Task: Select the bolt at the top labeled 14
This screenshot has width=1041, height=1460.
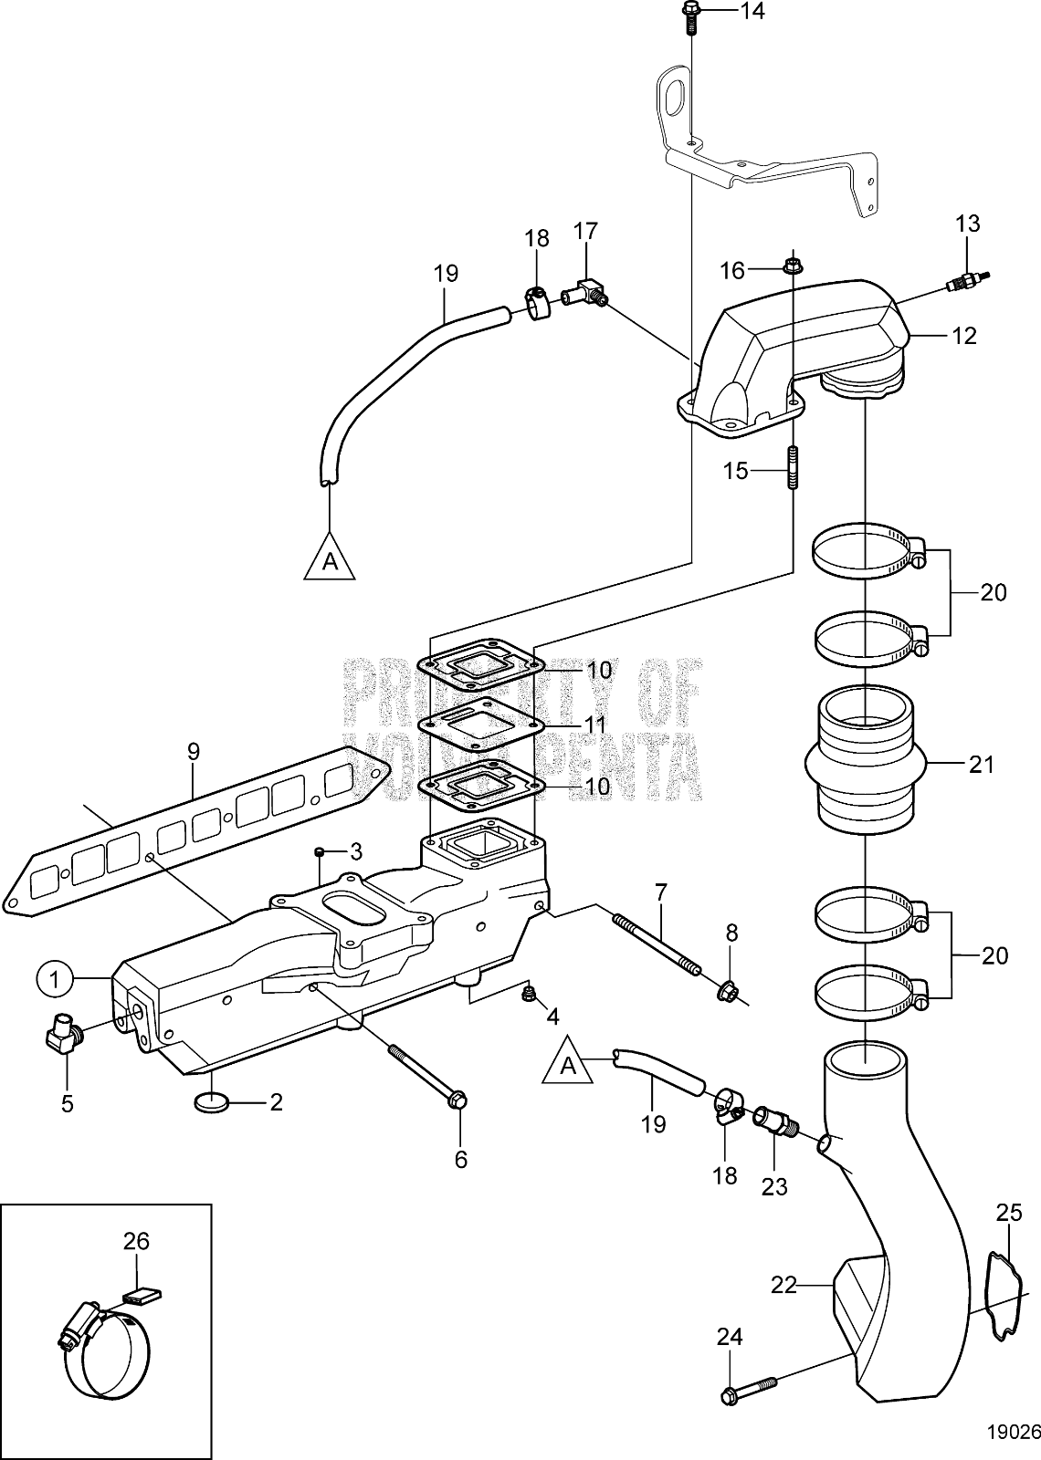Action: coord(689,15)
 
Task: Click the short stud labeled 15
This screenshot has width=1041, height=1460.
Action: coord(792,467)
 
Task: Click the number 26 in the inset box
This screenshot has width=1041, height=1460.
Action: coord(136,1241)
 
